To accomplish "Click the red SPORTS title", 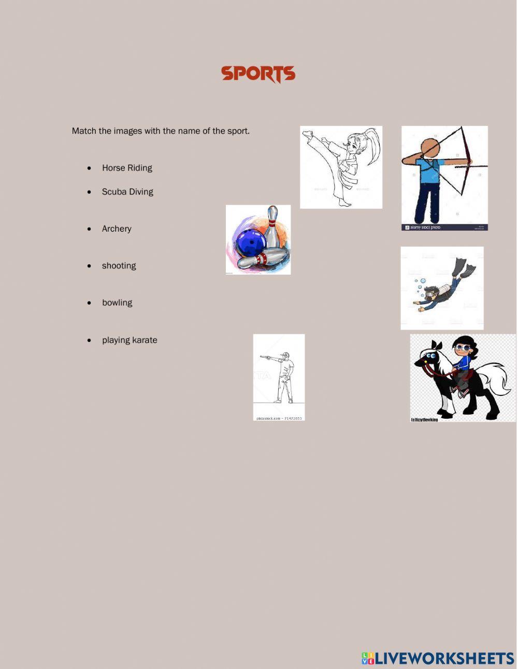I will (258, 74).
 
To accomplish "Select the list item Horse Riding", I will (127, 168).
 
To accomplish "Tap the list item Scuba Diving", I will (127, 192).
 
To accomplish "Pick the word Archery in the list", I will (117, 229).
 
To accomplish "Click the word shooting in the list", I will (119, 266).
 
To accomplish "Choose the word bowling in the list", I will (117, 303).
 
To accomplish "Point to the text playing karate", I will (129, 340).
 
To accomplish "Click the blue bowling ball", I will (251, 241).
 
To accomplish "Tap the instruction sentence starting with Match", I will (161, 131).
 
